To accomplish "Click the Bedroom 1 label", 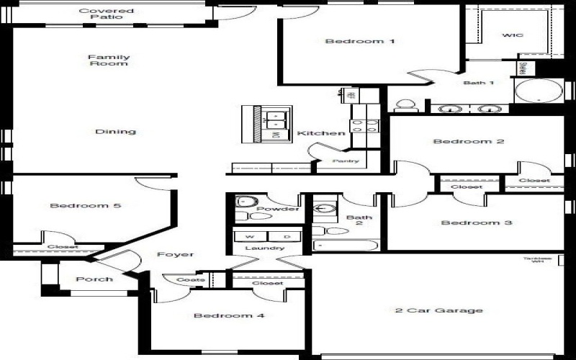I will [360, 41].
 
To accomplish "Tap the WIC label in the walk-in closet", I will [513, 35].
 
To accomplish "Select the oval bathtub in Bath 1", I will [538, 93].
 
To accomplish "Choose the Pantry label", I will [346, 161].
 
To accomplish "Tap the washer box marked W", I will [250, 236].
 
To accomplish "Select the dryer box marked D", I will [286, 236].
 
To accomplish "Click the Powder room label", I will [277, 209].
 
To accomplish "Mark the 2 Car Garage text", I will [438, 310].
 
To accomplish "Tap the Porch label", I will [94, 279].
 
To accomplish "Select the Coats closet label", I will [191, 279].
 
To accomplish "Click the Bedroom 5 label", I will [85, 206].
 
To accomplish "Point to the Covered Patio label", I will [106, 14].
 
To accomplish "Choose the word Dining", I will [115, 132].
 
